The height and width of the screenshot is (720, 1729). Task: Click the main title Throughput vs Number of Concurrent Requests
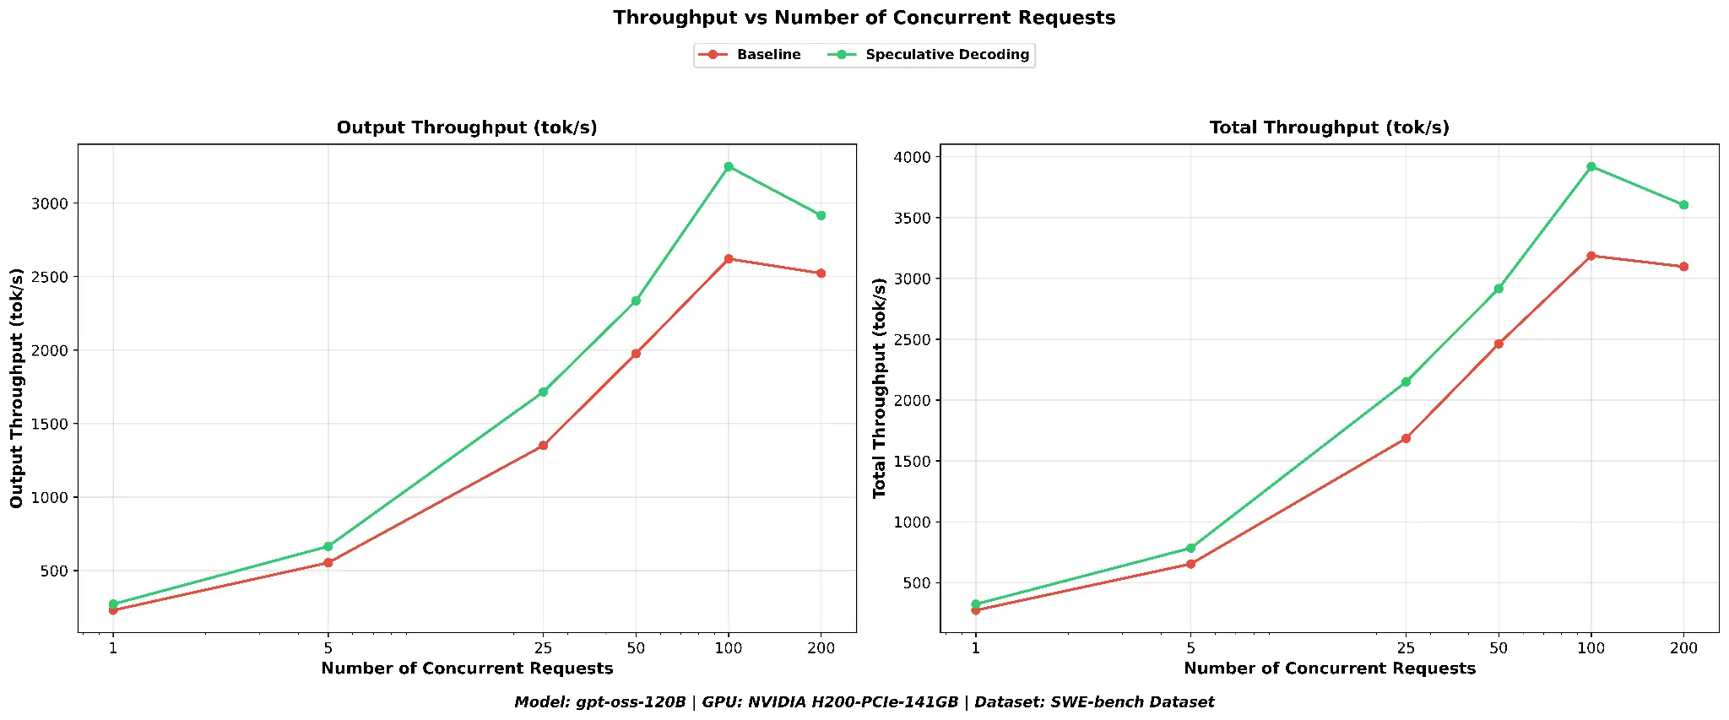(x=864, y=18)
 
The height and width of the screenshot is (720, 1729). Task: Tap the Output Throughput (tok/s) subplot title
(x=467, y=127)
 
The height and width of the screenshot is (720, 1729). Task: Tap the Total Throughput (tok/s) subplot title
(x=1329, y=127)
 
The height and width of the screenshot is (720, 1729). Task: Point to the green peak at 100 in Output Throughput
(x=729, y=166)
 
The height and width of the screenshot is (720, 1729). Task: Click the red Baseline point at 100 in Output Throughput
(x=729, y=258)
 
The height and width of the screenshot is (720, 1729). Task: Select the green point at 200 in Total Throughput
(x=1683, y=204)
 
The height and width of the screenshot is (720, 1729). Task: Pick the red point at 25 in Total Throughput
(x=1406, y=438)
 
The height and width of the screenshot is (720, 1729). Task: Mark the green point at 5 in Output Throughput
(x=328, y=546)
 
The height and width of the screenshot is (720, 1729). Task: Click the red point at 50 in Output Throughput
(x=636, y=353)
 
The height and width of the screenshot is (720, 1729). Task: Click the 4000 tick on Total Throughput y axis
(x=913, y=157)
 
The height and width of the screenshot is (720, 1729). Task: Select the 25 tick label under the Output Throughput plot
(x=543, y=648)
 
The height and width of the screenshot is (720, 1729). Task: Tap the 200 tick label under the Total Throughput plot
(x=1683, y=648)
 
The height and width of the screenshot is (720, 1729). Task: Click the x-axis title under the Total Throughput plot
(x=1329, y=669)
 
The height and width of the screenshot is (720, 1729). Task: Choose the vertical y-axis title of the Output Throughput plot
(x=17, y=387)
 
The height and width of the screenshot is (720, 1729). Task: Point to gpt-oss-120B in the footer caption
(x=631, y=702)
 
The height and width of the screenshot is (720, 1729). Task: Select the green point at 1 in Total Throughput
(x=976, y=604)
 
